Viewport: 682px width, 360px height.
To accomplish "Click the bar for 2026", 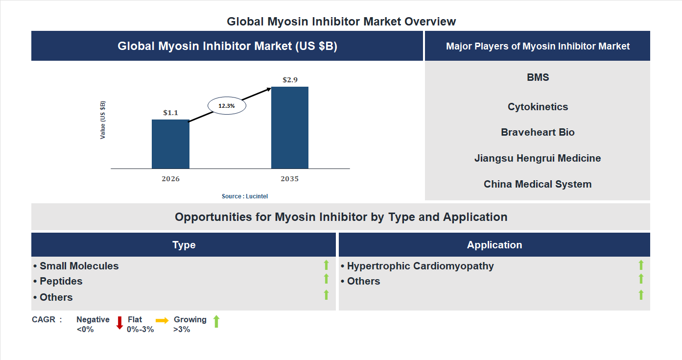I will click(x=170, y=144).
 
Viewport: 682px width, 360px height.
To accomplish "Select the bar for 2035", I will click(x=290, y=128).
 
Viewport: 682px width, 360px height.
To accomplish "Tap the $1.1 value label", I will click(x=170, y=113).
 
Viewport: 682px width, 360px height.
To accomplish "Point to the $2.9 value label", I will click(x=290, y=79).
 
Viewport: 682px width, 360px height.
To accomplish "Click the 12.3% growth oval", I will click(x=227, y=105).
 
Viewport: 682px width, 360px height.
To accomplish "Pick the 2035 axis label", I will click(x=290, y=179).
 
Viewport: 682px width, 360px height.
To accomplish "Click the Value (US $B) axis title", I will click(x=103, y=120).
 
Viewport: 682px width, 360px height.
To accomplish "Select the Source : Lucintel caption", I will click(x=245, y=196).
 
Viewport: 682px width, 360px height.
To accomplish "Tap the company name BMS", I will click(x=538, y=77).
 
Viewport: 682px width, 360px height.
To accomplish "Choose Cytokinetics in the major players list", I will click(x=538, y=107).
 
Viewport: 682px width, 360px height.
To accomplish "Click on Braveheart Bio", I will click(x=538, y=132).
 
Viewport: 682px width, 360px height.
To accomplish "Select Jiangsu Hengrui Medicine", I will click(x=538, y=158).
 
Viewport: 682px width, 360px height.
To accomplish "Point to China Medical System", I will click(x=538, y=184).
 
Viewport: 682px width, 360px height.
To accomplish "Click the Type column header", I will click(x=184, y=245).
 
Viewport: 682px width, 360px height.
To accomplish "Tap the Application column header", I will click(x=494, y=245).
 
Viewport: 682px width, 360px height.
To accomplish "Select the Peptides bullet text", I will click(x=61, y=281).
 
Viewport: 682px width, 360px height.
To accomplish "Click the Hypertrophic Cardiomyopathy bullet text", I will click(x=420, y=266).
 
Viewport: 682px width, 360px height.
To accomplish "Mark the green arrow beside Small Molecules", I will click(x=326, y=265).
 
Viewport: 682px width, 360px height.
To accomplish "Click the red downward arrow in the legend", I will click(x=119, y=323).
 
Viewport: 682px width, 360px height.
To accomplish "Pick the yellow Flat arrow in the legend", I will click(x=162, y=320).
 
